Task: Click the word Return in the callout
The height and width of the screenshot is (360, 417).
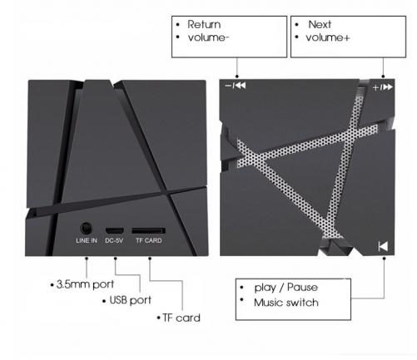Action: [204, 24]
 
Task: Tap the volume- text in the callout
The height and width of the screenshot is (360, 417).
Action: [208, 37]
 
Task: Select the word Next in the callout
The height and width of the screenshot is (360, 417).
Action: [320, 24]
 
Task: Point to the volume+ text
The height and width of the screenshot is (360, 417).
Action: [328, 37]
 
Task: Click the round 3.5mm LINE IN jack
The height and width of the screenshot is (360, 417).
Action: [86, 229]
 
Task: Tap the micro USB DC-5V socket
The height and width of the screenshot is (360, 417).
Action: [114, 230]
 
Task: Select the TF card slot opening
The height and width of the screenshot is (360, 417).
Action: [148, 230]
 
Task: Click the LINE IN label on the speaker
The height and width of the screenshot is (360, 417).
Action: [87, 240]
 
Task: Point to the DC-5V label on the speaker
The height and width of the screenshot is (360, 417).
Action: [114, 240]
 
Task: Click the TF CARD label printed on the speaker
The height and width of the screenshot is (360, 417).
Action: [149, 240]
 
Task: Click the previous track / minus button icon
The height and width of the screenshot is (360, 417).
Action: [236, 86]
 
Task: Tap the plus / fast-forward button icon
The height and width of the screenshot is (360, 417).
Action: [383, 87]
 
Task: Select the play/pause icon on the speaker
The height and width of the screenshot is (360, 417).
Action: [383, 246]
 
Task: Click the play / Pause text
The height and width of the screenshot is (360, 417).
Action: [286, 288]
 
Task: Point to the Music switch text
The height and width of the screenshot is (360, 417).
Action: [286, 303]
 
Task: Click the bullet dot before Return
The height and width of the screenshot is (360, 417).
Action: [178, 25]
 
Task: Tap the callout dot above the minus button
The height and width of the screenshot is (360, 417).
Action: [237, 76]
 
